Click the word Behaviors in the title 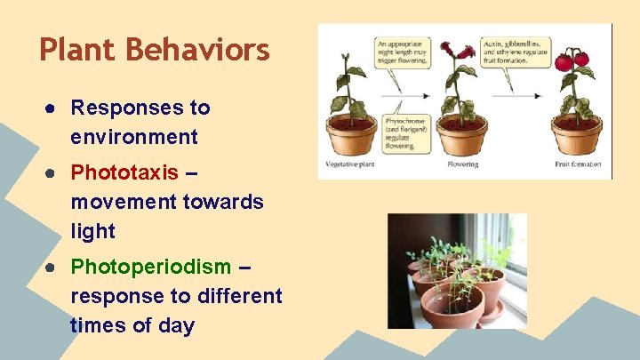(x=198, y=50)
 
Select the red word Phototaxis (x=124, y=172)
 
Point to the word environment (x=133, y=138)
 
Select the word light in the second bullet (x=93, y=231)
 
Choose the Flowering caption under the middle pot (x=462, y=164)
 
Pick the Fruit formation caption (x=578, y=164)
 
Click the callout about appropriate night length (x=402, y=53)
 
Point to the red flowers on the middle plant (x=462, y=51)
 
